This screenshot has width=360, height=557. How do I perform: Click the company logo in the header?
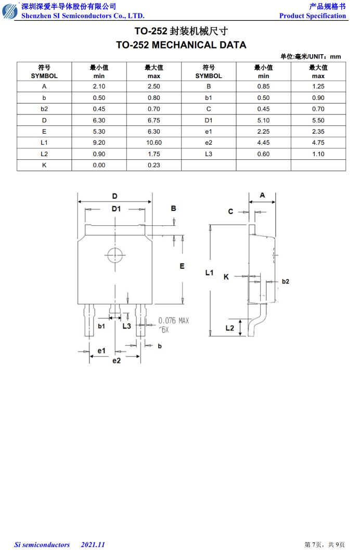(10, 10)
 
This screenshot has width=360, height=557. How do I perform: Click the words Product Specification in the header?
(313, 16)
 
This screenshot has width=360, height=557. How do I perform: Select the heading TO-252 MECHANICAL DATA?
(181, 45)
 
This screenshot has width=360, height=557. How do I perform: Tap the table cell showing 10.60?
(153, 143)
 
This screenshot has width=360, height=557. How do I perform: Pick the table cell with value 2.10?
(99, 86)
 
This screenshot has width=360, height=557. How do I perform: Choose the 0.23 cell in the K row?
(153, 165)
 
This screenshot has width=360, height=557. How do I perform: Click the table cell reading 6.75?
(153, 120)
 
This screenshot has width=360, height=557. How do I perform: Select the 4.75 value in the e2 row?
(318, 143)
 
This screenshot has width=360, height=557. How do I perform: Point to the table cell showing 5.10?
(263, 120)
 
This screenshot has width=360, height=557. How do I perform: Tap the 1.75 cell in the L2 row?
(153, 154)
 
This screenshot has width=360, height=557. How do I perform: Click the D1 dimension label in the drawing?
(116, 209)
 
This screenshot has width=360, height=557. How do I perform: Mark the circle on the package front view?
(115, 256)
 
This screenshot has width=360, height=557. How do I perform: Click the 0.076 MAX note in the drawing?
(174, 321)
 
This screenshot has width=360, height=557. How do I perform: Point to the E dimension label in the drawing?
(182, 266)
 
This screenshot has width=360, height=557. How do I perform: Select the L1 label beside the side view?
(210, 273)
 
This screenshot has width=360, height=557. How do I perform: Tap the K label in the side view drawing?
(226, 277)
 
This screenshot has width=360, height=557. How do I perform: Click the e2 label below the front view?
(117, 361)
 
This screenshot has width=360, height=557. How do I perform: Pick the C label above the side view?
(230, 211)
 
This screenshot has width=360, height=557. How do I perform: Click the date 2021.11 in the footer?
(93, 545)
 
